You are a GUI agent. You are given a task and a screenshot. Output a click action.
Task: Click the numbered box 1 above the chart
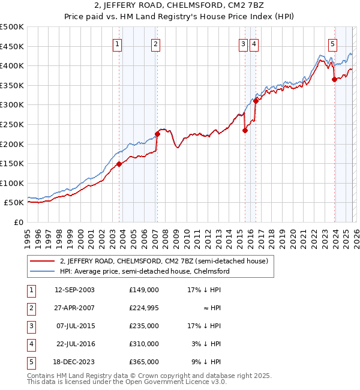pyautogui.click(x=117, y=43)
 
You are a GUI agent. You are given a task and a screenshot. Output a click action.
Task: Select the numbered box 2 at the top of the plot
pyautogui.click(x=155, y=43)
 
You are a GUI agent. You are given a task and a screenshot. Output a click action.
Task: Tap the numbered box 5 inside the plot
pyautogui.click(x=332, y=43)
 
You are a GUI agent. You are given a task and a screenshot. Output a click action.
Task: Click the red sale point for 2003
pyautogui.click(x=119, y=164)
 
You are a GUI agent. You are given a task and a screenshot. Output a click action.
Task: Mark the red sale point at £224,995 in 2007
pyautogui.click(x=158, y=134)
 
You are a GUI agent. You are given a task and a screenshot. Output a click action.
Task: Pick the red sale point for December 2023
pyautogui.click(x=334, y=80)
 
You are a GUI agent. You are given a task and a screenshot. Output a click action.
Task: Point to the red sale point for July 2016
pyautogui.click(x=256, y=101)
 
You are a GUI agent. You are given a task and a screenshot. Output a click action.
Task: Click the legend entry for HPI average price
pyautogui.click(x=144, y=271)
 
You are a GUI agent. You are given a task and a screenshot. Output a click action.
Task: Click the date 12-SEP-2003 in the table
pyautogui.click(x=74, y=290)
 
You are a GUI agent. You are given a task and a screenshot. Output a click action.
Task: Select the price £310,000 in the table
pyautogui.click(x=144, y=344)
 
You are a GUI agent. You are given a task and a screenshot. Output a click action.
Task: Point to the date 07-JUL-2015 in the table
pyautogui.click(x=74, y=326)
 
